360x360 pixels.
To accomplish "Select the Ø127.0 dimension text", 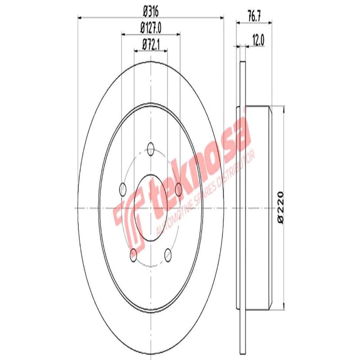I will click(x=151, y=28).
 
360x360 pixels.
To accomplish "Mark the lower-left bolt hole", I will click(x=134, y=254).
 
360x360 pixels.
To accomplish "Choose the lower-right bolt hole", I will click(x=168, y=254).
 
